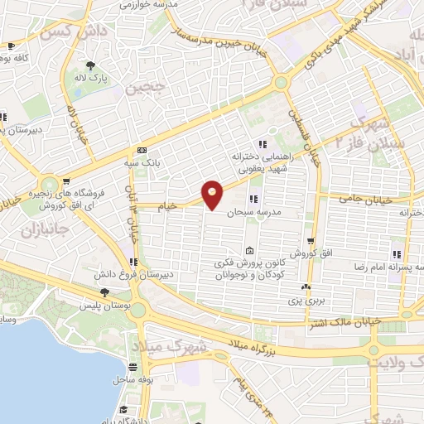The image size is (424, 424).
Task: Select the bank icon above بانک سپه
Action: [142, 151]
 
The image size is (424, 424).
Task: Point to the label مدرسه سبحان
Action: [253, 212]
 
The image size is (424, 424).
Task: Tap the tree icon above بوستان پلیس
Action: [104, 291]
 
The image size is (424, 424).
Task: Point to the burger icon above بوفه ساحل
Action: [132, 367]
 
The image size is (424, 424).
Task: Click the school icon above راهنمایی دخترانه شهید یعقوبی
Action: [263, 144]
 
